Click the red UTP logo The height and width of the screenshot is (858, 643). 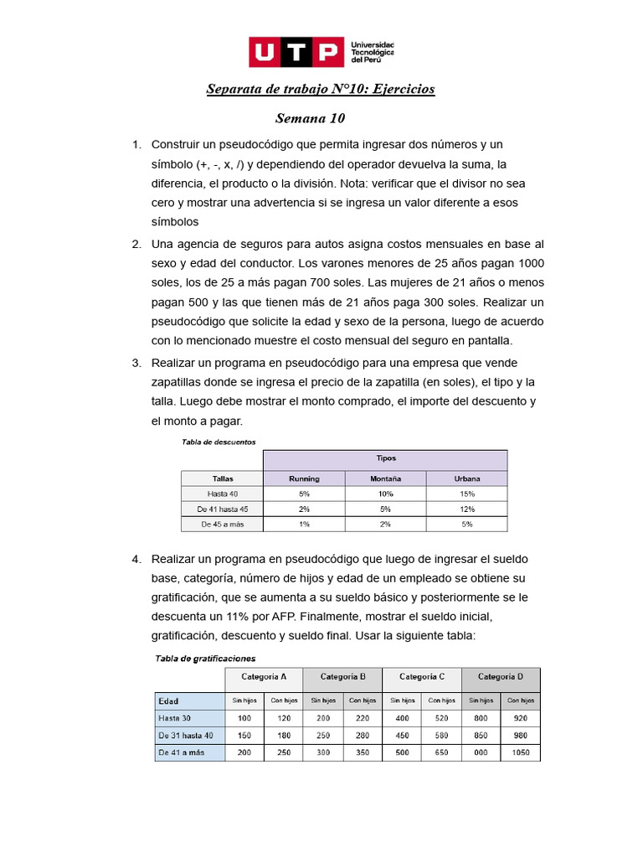pyautogui.click(x=296, y=52)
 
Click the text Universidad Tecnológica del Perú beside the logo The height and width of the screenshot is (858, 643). pyautogui.click(x=373, y=52)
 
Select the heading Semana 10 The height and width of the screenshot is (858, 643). pyautogui.click(x=310, y=119)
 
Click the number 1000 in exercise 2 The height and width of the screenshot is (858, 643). pyautogui.click(x=530, y=264)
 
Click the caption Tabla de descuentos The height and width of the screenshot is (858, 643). pyautogui.click(x=219, y=442)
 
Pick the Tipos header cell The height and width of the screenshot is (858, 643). pyautogui.click(x=385, y=458)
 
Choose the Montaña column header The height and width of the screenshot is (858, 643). pyautogui.click(x=385, y=478)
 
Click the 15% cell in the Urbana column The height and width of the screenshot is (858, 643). pyautogui.click(x=466, y=494)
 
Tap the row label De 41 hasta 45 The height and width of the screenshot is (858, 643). pyautogui.click(x=223, y=509)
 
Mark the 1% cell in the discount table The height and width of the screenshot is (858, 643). pyautogui.click(x=304, y=525)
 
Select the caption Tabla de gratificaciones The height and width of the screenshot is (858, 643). pyautogui.click(x=205, y=659)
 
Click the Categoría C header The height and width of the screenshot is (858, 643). pyautogui.click(x=421, y=677)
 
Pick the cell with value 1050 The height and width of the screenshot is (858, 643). pyautogui.click(x=521, y=753)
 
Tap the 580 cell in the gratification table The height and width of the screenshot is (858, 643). pyautogui.click(x=441, y=736)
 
